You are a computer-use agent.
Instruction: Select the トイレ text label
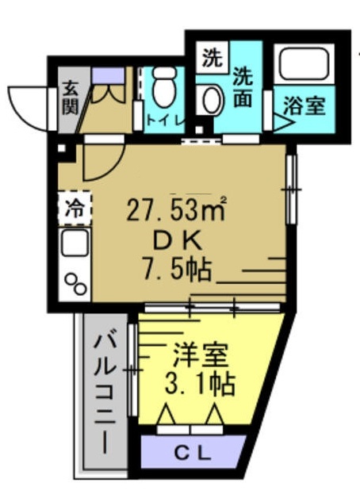tap(164, 120)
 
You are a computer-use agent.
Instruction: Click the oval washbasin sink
tap(212, 102)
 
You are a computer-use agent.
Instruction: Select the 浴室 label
tap(304, 105)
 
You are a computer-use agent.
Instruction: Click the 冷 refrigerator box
tap(73, 210)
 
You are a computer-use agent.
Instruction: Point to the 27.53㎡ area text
tap(178, 210)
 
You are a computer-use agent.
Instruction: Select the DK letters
tap(177, 240)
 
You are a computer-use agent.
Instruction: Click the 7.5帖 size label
tap(178, 270)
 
